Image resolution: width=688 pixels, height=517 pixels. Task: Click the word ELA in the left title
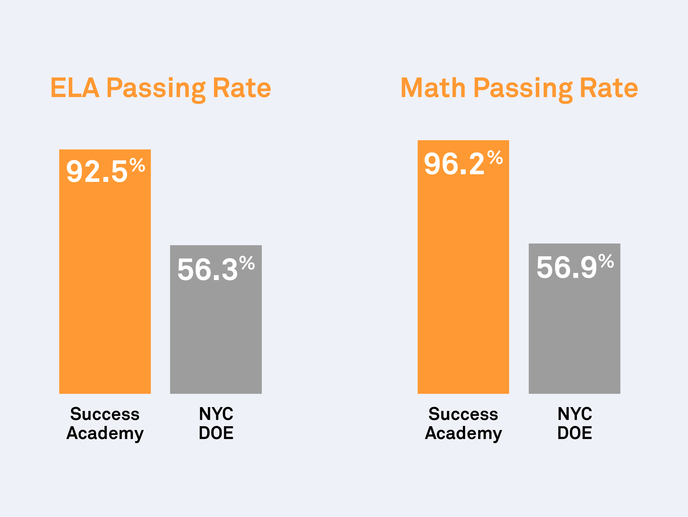[x=75, y=88]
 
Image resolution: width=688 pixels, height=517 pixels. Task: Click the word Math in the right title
[x=433, y=88]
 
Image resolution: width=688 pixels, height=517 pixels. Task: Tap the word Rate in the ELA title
[x=242, y=88]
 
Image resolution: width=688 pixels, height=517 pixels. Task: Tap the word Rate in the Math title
[x=609, y=88]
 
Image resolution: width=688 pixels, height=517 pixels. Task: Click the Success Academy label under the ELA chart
[x=105, y=423]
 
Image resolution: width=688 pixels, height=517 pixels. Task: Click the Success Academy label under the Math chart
[x=463, y=423]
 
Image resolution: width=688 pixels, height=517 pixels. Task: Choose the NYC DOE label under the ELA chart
[x=216, y=423]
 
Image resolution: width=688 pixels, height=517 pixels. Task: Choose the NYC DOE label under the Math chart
[x=574, y=423]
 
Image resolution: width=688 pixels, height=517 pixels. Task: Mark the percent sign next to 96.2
[x=495, y=158]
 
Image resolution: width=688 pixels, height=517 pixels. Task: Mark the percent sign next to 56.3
[x=247, y=263]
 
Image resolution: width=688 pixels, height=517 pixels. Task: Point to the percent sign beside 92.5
[x=137, y=165]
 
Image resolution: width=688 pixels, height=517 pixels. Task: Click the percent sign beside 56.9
[x=606, y=261]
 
